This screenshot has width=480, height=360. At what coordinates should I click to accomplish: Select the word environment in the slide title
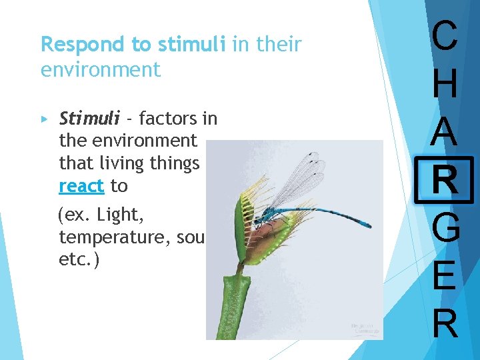101,69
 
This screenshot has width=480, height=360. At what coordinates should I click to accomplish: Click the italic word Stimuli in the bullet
89,119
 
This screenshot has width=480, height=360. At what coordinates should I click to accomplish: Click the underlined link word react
81,186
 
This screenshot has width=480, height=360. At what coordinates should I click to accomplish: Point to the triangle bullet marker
45,119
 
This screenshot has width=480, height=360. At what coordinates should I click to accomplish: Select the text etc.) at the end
79,259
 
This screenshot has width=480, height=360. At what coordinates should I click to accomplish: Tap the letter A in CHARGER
445,131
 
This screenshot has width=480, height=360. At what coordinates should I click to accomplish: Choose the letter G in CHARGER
445,228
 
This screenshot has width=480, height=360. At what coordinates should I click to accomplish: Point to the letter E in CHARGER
445,275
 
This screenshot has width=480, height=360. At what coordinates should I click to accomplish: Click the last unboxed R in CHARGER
445,323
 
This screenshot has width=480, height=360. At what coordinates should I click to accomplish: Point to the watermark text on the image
365,328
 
